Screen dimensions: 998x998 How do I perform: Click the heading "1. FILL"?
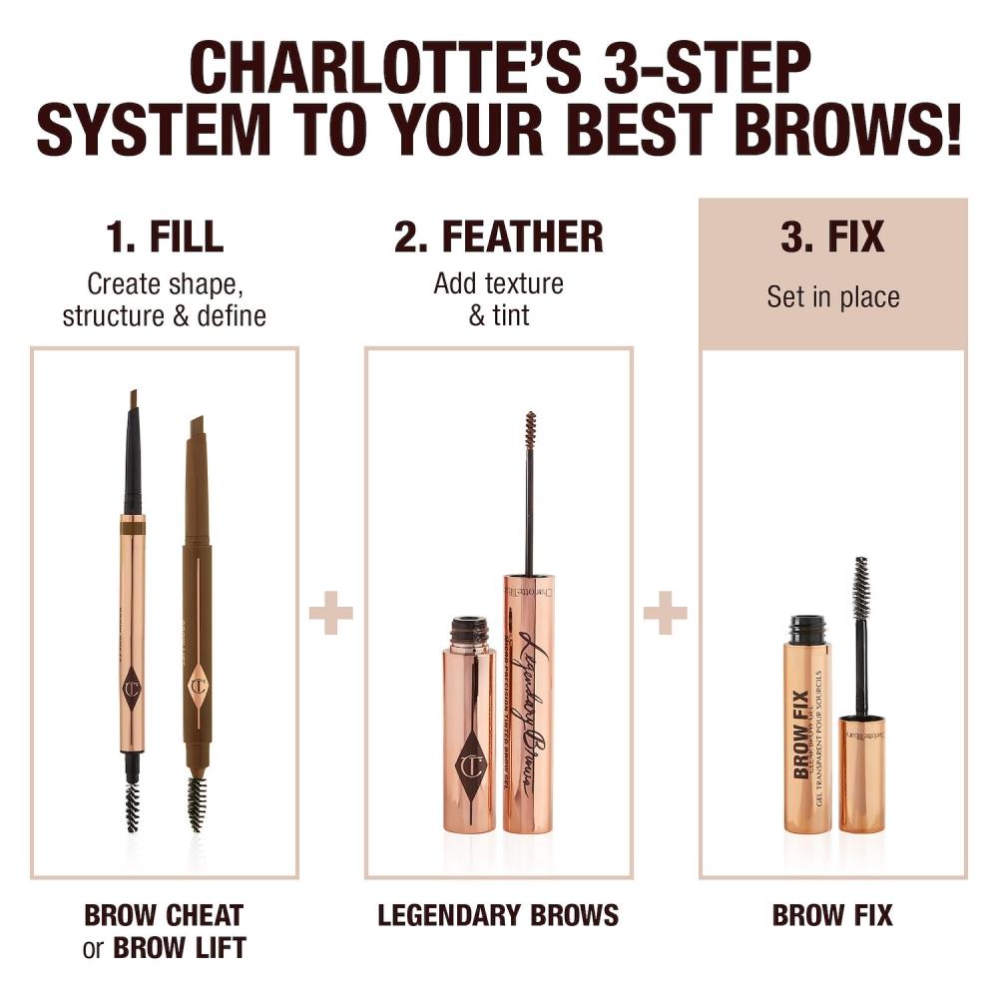point(165,238)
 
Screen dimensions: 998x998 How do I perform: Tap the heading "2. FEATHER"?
point(498,238)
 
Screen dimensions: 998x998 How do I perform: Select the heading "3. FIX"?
point(832,238)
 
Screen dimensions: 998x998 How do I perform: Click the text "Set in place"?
point(832,296)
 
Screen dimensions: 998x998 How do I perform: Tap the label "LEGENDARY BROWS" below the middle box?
point(498,914)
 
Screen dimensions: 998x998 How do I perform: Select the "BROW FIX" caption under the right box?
point(832,914)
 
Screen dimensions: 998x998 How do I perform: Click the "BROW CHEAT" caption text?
point(165,914)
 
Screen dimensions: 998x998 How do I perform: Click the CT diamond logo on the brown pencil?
point(197,685)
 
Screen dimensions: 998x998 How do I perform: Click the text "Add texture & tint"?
point(498,298)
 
